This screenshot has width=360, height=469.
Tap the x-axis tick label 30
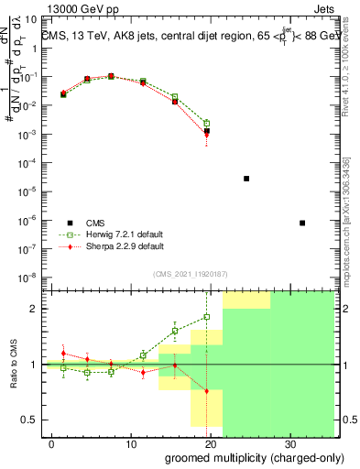click(291, 443)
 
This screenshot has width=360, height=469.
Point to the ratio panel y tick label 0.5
click(29, 420)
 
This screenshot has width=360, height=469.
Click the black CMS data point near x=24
click(246, 179)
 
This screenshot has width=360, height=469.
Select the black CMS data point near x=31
click(302, 223)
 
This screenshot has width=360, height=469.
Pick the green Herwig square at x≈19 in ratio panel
click(207, 317)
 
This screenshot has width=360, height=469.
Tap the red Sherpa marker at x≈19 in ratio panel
click(207, 391)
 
